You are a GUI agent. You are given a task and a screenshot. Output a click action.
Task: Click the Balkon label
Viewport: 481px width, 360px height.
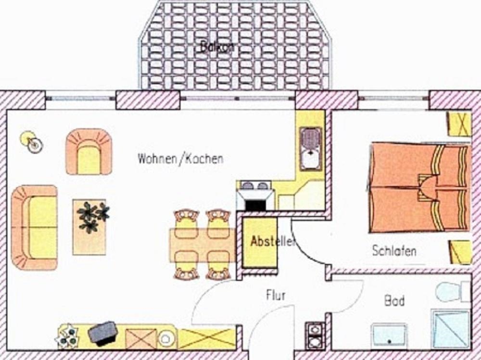pyautogui.click(x=217, y=47)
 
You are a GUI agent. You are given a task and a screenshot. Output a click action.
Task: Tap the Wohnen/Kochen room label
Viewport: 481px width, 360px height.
pyautogui.click(x=180, y=159)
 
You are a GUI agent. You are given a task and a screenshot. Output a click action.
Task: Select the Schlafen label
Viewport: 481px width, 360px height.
pyautogui.click(x=394, y=250)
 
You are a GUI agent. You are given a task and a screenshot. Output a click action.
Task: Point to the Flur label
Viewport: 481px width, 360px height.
pyautogui.click(x=276, y=295)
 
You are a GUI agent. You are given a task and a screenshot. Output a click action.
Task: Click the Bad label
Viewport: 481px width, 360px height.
pyautogui.click(x=394, y=301)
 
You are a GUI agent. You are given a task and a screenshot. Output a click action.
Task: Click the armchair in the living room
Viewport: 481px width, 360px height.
pyautogui.click(x=89, y=152)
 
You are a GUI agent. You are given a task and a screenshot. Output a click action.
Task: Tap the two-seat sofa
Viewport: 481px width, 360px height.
pyautogui.click(x=35, y=227)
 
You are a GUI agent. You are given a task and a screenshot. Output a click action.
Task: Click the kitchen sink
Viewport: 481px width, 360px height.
pyautogui.click(x=311, y=148)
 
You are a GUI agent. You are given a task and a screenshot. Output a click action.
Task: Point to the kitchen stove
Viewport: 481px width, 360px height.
pyautogui.click(x=255, y=195)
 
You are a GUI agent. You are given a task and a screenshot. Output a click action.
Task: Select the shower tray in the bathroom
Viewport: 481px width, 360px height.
pyautogui.click(x=451, y=330)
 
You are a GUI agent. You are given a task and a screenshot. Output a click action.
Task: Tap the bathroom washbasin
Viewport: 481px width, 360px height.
pyautogui.click(x=389, y=335)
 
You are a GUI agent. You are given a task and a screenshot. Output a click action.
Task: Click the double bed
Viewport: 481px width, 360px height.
pyautogui.click(x=419, y=187)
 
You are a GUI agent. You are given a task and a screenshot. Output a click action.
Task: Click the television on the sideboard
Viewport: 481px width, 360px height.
pyautogui.click(x=102, y=333)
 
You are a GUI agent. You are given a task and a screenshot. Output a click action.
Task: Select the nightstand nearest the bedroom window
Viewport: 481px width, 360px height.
pyautogui.click(x=458, y=124)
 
